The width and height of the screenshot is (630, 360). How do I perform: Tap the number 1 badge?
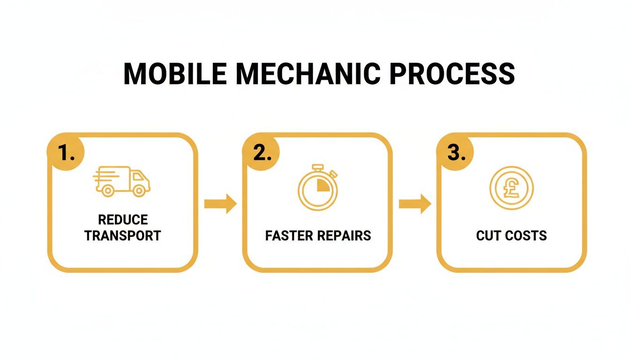[66, 153]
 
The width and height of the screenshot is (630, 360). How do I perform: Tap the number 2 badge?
[261, 153]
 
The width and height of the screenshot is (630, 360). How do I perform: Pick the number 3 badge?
[455, 153]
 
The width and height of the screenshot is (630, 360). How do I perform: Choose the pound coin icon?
[511, 188]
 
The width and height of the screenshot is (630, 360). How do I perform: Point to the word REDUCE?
[123, 220]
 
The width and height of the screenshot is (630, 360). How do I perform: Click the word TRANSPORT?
[123, 235]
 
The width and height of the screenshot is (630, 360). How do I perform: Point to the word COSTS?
[525, 235]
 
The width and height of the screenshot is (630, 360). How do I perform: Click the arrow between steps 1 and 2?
[220, 204]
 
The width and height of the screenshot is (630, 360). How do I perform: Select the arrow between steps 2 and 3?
[415, 204]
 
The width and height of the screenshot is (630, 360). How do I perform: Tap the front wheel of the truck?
[139, 190]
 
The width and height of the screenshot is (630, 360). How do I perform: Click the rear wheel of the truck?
[108, 190]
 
